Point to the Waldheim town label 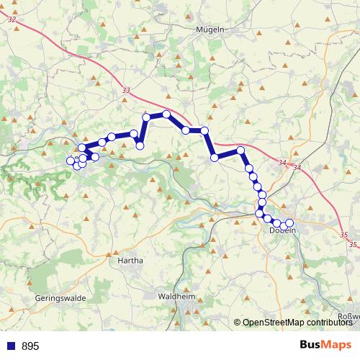176,296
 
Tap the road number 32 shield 11,19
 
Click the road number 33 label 127,91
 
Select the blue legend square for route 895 10,346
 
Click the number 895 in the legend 31,346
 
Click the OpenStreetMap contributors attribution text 297,323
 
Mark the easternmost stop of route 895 290,223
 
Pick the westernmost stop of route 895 71,161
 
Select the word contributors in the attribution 329,323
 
